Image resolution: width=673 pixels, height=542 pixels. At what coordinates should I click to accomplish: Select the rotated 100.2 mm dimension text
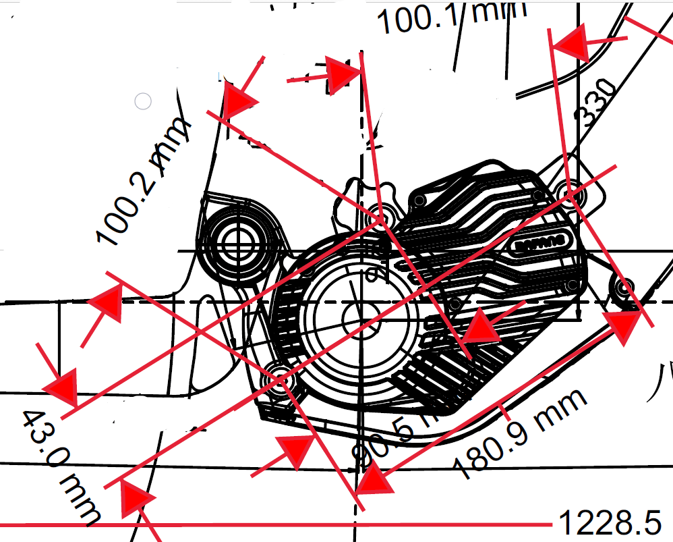[142, 182]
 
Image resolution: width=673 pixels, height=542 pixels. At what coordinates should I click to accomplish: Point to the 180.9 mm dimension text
[519, 432]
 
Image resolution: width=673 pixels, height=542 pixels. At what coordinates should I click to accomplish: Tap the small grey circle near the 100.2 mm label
[143, 101]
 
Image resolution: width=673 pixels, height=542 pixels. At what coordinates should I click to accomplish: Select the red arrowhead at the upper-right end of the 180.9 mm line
[624, 327]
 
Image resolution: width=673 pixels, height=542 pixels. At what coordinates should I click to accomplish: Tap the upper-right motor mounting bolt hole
[573, 194]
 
